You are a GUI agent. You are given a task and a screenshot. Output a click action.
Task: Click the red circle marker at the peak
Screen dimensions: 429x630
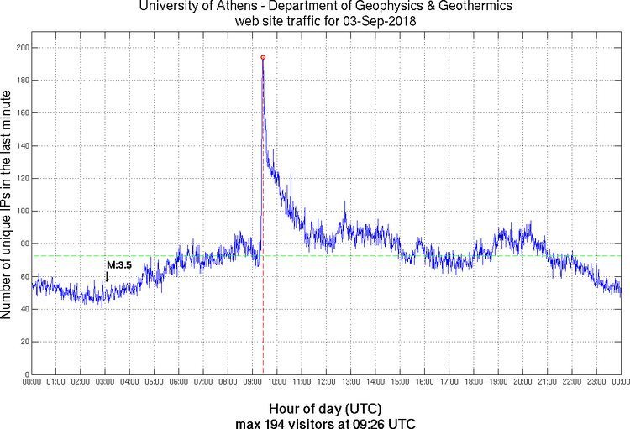[x=263, y=58]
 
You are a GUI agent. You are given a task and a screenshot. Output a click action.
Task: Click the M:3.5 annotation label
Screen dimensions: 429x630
[x=118, y=264]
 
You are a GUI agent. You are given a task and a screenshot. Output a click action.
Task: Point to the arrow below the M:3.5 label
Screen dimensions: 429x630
[x=107, y=276]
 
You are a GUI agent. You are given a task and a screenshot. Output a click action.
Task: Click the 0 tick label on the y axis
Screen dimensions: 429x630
[x=25, y=374]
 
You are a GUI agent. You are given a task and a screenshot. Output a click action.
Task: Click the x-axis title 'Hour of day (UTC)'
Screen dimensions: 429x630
[x=326, y=407]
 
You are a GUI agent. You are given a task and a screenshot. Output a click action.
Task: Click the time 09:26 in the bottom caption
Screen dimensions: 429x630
[x=364, y=421]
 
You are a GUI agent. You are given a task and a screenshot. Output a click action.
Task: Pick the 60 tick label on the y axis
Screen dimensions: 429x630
[x=23, y=276]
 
